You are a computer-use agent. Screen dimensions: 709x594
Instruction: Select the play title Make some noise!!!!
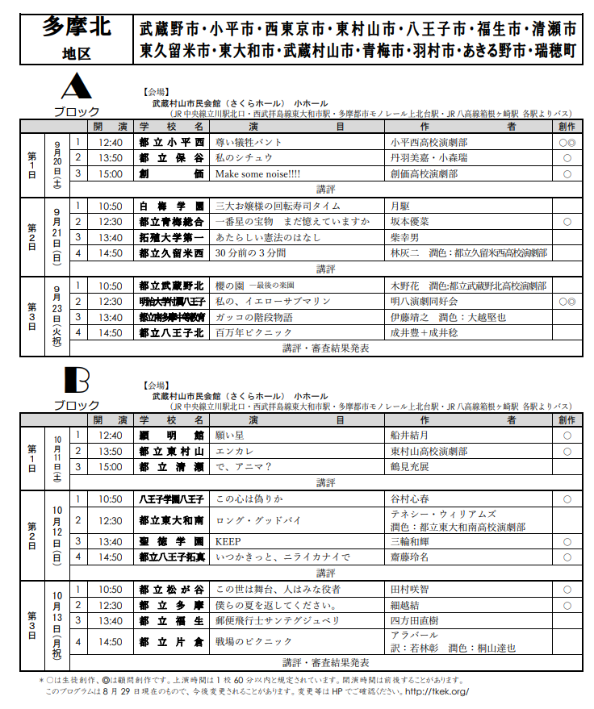point(257,173)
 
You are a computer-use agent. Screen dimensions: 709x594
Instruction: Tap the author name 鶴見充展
point(411,466)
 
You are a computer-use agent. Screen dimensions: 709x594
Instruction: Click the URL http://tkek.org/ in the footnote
point(437,692)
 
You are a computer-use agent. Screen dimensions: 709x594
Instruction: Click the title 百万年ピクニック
point(250,332)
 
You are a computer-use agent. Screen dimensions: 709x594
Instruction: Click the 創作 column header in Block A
point(567,127)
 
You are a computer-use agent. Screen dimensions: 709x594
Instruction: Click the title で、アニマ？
point(244,466)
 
